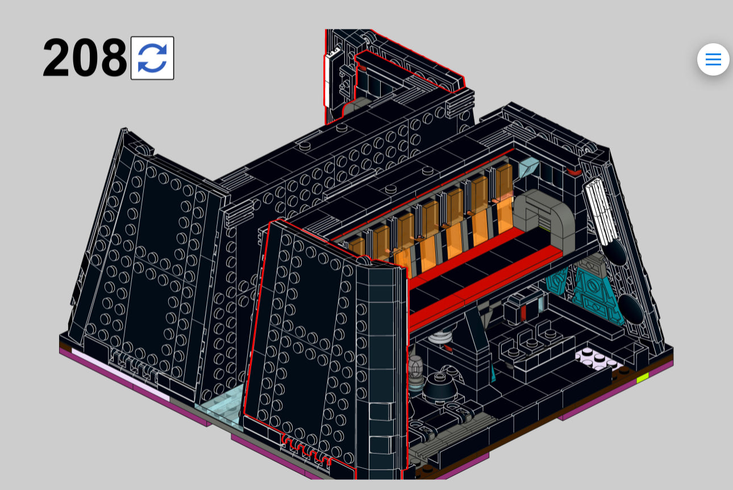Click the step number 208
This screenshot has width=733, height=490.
pos(85,57)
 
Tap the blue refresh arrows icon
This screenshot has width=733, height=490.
pos(152,58)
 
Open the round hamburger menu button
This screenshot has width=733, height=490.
pos(713,60)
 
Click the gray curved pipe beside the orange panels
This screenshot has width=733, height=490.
pos(545,216)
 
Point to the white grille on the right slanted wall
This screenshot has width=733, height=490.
pos(599,211)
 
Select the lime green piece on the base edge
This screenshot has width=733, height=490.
pos(642,379)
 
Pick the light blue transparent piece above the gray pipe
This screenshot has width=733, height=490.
pos(528,167)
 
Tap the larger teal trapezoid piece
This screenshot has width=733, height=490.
pos(594,292)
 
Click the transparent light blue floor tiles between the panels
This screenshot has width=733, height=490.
pos(220,405)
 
